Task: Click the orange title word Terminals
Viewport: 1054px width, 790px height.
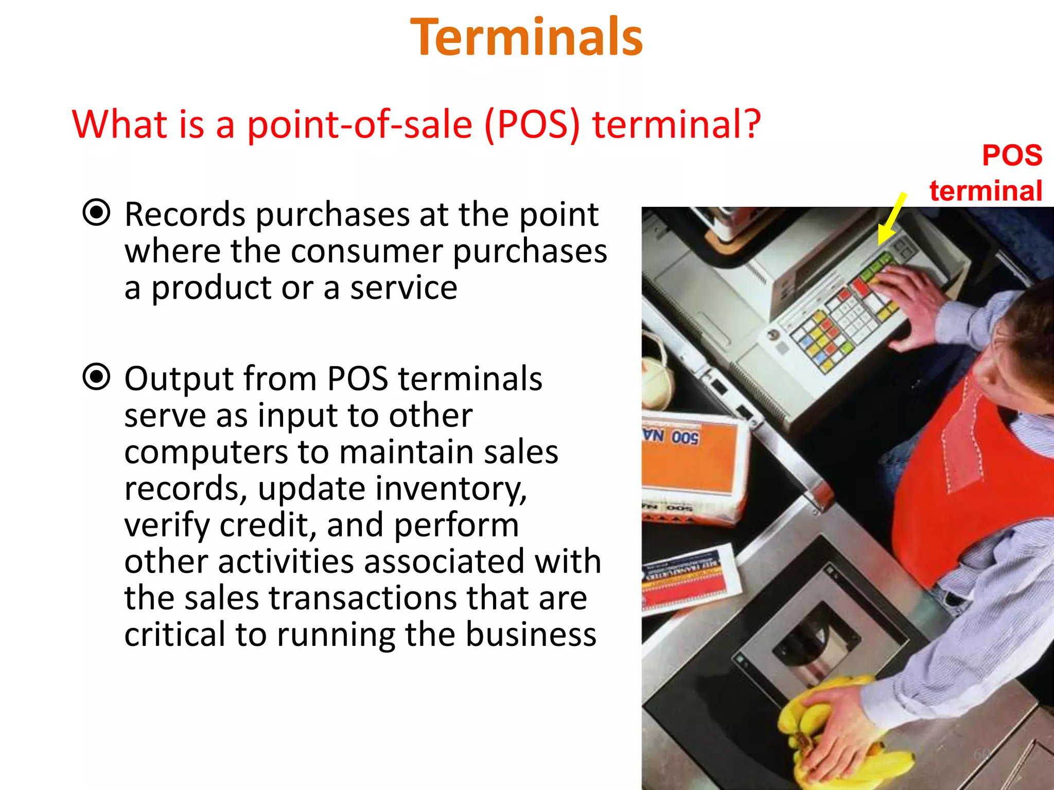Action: click(526, 37)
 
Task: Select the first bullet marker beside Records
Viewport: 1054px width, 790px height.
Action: click(96, 212)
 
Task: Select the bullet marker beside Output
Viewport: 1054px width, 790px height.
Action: click(96, 377)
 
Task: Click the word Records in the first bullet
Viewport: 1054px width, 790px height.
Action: click(184, 214)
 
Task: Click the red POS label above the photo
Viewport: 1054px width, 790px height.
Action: click(1012, 155)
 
